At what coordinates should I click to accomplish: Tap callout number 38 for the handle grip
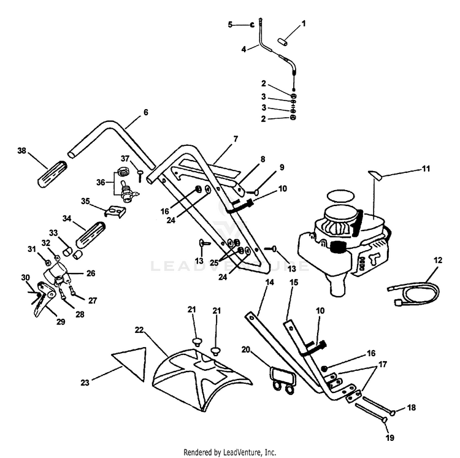tap(22, 150)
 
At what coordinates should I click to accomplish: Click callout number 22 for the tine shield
tap(139, 329)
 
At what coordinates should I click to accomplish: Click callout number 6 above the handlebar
tap(145, 112)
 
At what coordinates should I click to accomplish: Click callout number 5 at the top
tap(231, 25)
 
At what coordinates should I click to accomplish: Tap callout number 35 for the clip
tap(86, 200)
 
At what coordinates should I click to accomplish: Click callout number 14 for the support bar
tap(268, 282)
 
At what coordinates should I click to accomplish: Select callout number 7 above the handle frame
tap(218, 140)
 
